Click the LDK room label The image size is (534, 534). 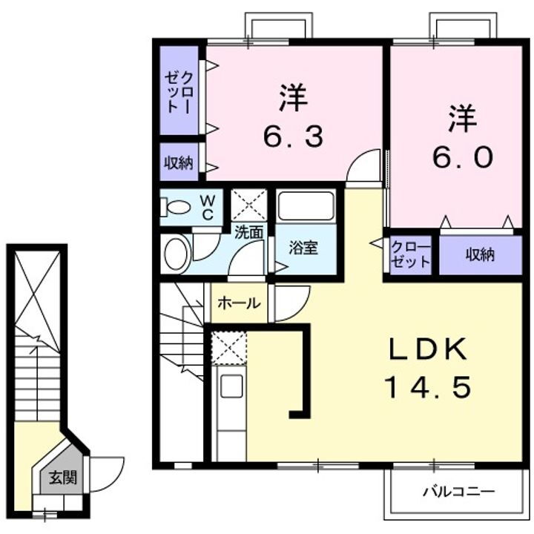(426, 349)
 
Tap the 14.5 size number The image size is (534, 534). (426, 386)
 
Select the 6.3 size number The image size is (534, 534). (294, 136)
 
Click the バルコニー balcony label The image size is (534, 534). (458, 491)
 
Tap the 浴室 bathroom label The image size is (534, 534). (304, 248)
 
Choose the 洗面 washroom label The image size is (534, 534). (248, 231)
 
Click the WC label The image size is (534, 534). (208, 207)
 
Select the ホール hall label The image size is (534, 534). (240, 303)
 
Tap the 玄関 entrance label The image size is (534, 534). (58, 478)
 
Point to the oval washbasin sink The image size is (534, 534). (176, 254)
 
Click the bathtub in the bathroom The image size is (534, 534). (306, 206)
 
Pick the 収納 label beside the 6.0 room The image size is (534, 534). (480, 255)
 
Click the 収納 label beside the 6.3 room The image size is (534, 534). (178, 162)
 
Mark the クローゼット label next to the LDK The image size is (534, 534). (410, 254)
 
